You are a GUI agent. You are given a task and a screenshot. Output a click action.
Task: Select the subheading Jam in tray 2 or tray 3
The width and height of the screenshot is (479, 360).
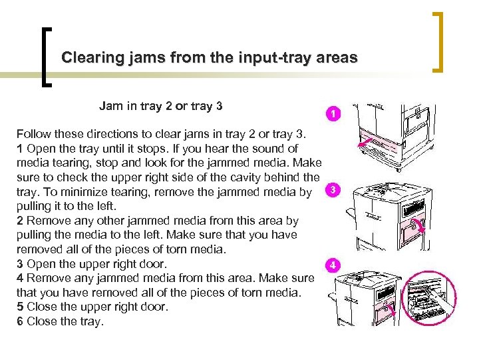160,105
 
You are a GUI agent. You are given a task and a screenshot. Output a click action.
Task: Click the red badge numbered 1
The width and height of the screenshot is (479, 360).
333,114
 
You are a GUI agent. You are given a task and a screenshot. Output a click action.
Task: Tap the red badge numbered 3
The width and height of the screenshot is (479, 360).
333,190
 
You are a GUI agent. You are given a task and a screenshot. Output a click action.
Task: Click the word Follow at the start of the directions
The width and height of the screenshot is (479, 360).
33,134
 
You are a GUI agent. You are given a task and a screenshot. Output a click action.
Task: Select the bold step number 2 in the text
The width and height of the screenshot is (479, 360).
20,221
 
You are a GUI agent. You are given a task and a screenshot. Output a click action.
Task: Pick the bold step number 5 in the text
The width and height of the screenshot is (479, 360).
20,307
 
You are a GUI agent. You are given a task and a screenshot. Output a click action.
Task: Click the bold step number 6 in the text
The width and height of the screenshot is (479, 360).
20,321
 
